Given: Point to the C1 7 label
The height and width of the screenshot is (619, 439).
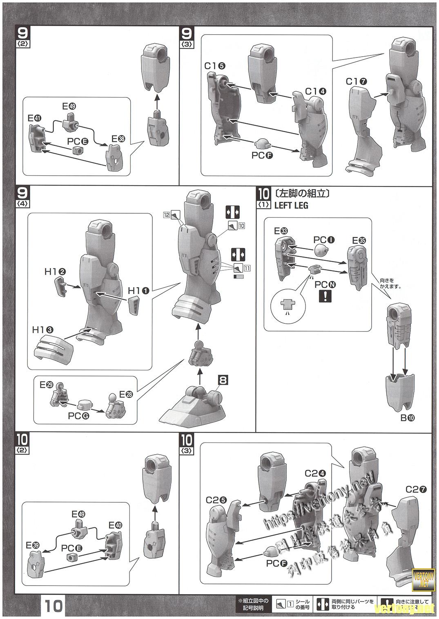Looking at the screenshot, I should [x=357, y=81].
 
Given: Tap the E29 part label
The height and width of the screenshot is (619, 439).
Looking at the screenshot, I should [x=46, y=385].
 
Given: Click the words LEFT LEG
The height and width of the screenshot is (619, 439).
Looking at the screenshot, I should [x=291, y=206].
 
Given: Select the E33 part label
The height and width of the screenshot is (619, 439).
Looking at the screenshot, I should [x=281, y=231].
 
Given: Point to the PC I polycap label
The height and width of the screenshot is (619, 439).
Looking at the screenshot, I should [x=324, y=239].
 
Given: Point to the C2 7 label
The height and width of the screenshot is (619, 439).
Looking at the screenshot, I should [x=417, y=489].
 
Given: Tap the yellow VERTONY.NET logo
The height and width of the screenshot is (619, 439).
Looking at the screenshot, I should [x=424, y=579].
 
